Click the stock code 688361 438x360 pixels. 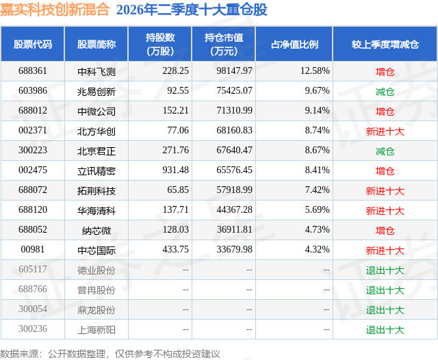33,71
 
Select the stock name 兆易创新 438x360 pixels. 96,91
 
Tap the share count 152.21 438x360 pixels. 175,111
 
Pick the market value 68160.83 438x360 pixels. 234,131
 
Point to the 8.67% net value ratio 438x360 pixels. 317,151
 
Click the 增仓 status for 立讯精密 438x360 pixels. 385,170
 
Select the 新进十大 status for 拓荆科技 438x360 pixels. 385,191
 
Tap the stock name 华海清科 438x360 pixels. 96,210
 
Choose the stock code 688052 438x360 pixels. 33,229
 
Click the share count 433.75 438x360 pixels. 175,249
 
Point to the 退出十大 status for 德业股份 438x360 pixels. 385,270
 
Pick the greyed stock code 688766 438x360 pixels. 33,289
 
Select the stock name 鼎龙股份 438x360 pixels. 96,310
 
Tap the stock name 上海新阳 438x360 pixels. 96,330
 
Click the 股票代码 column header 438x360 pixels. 33,44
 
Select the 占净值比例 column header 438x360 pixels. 294,44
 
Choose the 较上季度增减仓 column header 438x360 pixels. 385,44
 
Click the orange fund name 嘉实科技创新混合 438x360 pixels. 55,10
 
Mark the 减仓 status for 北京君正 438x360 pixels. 385,151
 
